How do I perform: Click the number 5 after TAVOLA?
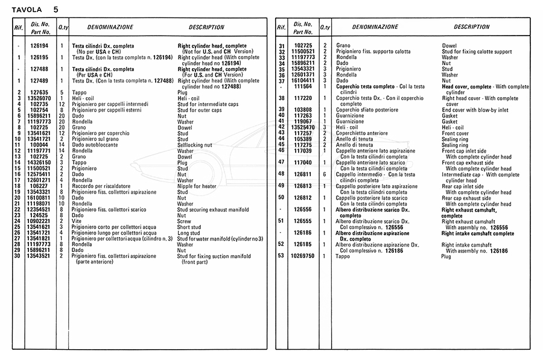coord(56,10)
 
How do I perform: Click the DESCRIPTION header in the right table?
coord(472,27)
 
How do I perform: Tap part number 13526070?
coord(39,98)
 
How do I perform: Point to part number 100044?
coord(39,145)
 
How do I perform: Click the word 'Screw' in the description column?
coord(184,221)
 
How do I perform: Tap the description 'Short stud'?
coord(189,227)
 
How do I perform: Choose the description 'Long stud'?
coord(189,233)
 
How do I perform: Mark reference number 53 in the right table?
coord(281,256)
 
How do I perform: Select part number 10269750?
coord(303,256)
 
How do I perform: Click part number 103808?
coord(303,110)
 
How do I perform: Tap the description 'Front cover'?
coord(456,133)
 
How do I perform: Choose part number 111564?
coord(303,87)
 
